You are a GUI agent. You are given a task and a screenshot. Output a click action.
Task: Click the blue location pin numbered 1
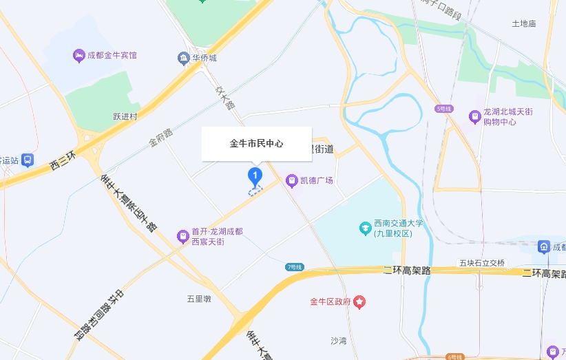click(x=255, y=176)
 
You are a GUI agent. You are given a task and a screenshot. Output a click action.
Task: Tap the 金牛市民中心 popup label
click(x=256, y=144)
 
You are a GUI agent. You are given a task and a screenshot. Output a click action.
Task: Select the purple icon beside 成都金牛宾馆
click(x=78, y=55)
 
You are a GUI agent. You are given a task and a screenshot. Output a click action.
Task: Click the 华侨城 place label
click(x=205, y=58)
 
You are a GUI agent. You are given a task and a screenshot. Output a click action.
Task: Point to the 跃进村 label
click(x=125, y=116)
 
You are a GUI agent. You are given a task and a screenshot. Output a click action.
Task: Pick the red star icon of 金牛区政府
click(x=360, y=301)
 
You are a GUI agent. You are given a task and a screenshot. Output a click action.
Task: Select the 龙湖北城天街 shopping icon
click(x=474, y=116)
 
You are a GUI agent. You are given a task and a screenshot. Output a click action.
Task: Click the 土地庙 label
click(x=523, y=23)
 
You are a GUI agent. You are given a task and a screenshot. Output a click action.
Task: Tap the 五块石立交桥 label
click(x=482, y=263)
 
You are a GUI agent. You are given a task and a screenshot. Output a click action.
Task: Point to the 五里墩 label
click(x=198, y=299)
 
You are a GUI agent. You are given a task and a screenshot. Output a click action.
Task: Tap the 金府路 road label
click(x=160, y=136)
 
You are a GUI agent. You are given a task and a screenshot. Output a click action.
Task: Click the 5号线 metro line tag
click(x=443, y=109)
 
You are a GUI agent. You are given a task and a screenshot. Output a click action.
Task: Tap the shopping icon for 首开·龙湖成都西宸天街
click(x=182, y=236)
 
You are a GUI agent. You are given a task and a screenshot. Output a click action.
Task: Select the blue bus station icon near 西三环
click(x=27, y=160)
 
